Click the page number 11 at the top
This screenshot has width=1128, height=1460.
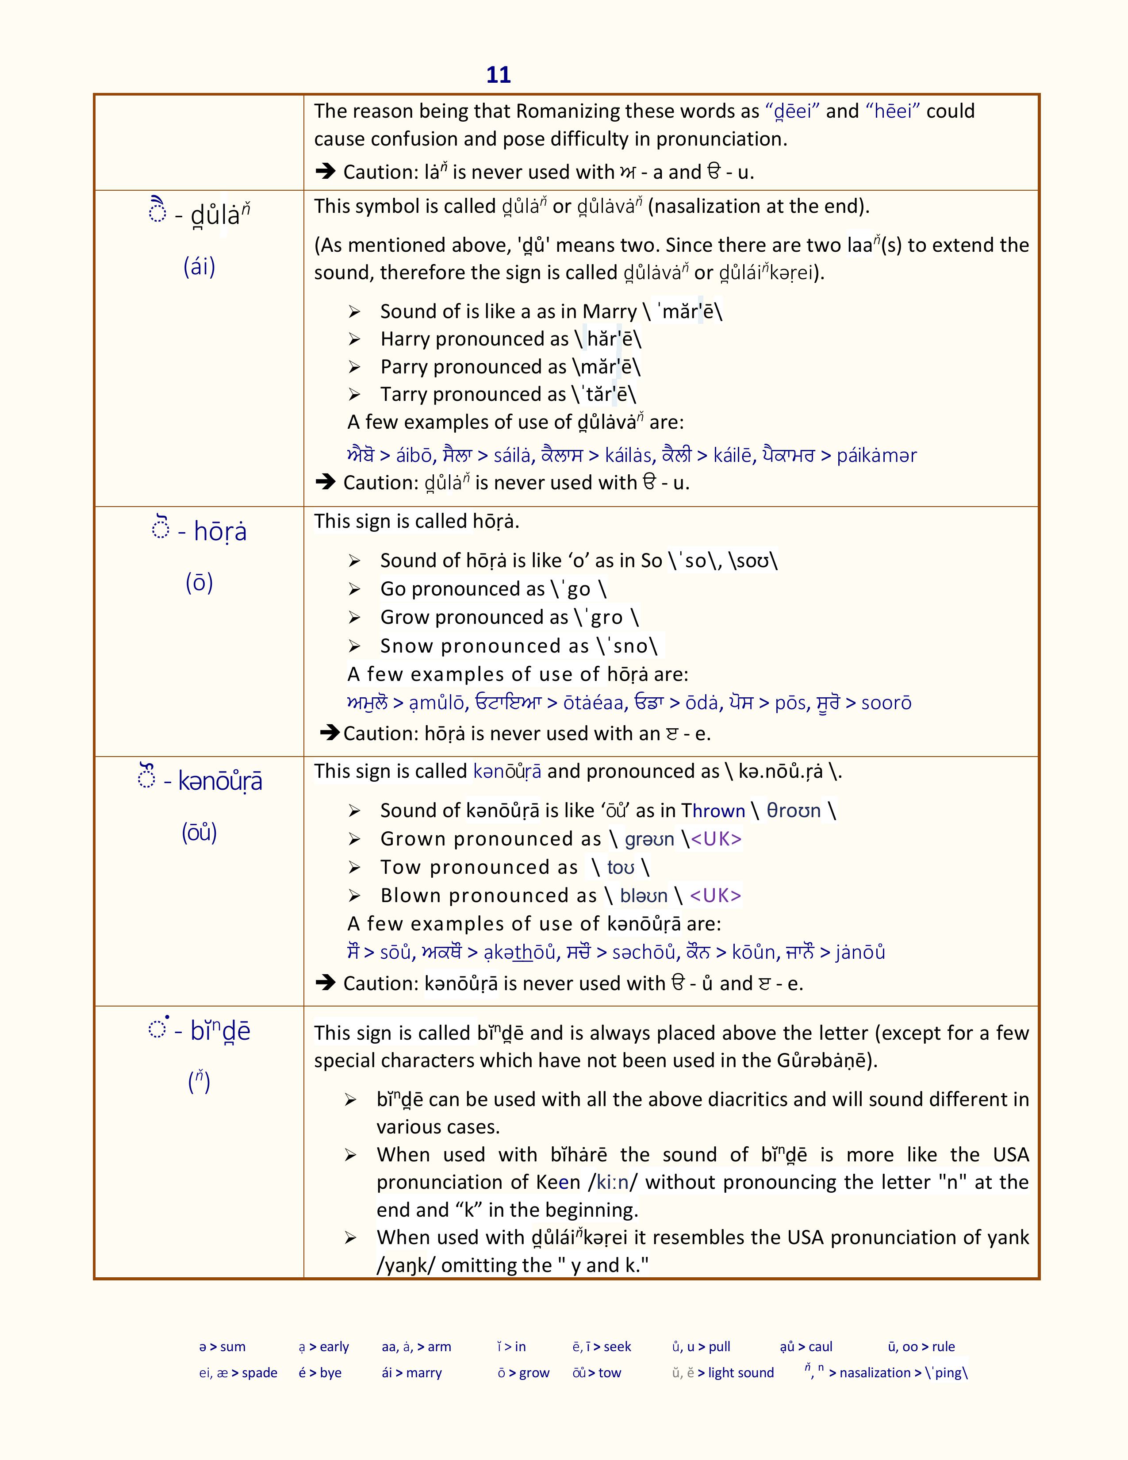pyautogui.click(x=499, y=75)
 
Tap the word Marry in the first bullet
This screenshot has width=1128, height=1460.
pyautogui.click(x=610, y=311)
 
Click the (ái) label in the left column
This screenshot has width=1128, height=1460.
pyautogui.click(x=199, y=267)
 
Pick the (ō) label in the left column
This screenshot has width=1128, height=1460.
pyautogui.click(x=199, y=583)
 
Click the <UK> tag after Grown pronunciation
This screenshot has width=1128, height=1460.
pyautogui.click(x=716, y=839)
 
